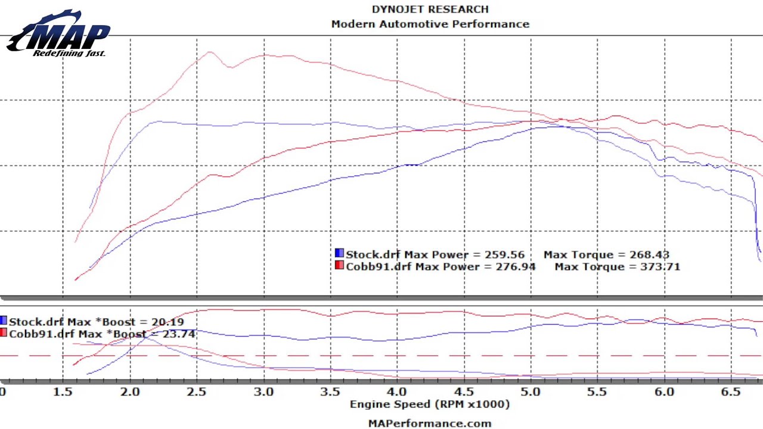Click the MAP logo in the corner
pos(58,35)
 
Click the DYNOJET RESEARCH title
pos(430,9)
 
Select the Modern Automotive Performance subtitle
pos(430,24)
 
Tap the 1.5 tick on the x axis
pos(63,391)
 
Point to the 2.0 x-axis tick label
pos(129,391)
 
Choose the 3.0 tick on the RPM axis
pos(263,391)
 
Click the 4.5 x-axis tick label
pos(464,391)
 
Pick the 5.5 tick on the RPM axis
pos(597,391)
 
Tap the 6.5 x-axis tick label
pos(731,391)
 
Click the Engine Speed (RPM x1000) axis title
pos(430,404)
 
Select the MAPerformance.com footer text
pos(430,424)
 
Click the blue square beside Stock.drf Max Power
pos(339,254)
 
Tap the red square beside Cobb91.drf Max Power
pos(339,266)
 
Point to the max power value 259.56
pos(505,255)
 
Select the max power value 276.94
pos(516,266)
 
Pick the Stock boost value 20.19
pos(168,322)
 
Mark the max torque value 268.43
pos(649,255)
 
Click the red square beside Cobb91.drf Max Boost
pos(4,333)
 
